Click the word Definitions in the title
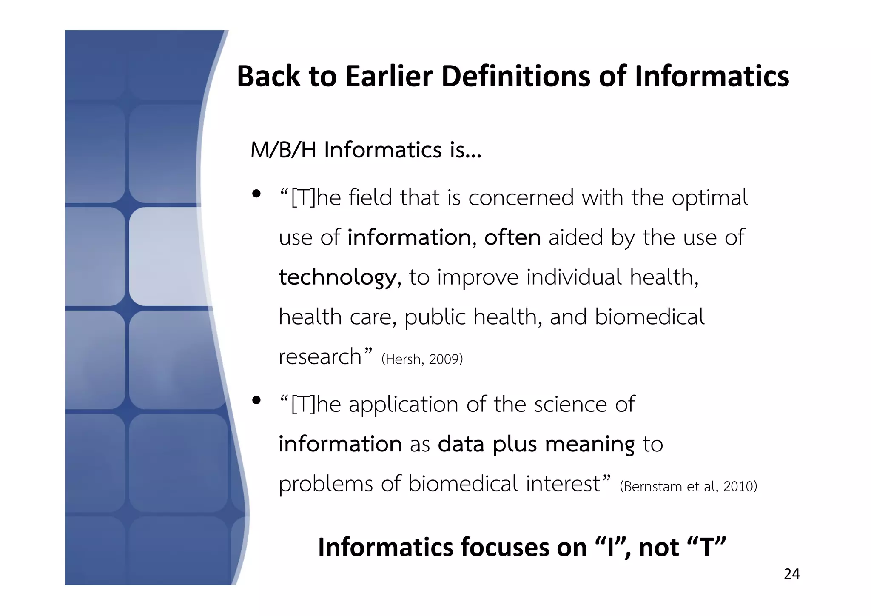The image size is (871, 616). (x=515, y=77)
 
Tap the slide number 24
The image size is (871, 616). (x=791, y=574)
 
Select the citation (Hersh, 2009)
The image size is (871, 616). (x=422, y=359)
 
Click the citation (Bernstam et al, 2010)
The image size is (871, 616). (x=688, y=486)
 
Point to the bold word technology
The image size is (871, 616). (x=337, y=277)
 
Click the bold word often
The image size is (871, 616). (x=512, y=237)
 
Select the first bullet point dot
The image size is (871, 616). (x=256, y=194)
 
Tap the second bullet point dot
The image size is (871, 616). (x=256, y=400)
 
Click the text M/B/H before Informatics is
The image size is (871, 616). (x=283, y=150)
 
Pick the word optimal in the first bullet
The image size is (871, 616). (x=709, y=198)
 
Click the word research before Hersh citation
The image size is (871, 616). (x=320, y=356)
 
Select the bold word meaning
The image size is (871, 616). (x=589, y=445)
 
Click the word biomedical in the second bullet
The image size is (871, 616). (x=463, y=484)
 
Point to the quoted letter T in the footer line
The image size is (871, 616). (x=706, y=547)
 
